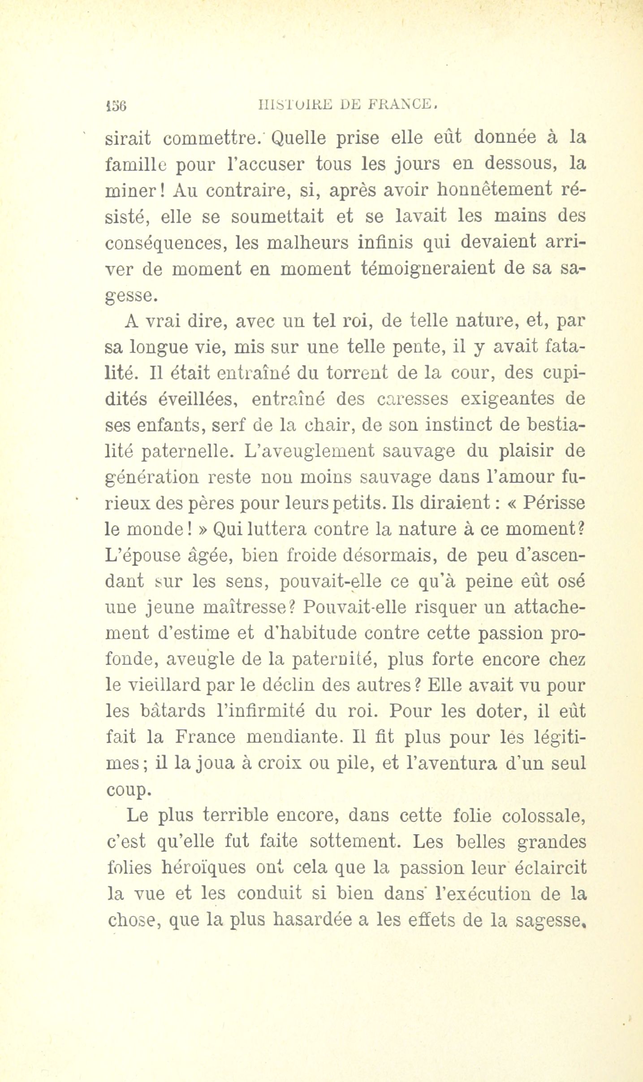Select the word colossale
(544, 815)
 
